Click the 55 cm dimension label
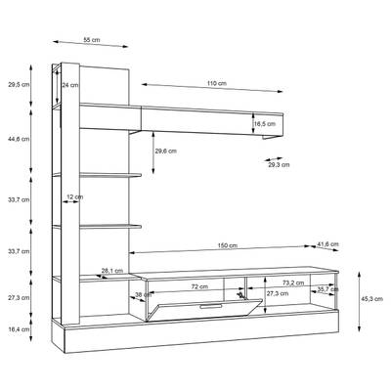point(92,40)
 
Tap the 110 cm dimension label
point(217,83)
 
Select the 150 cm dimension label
point(228,245)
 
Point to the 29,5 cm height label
point(19,84)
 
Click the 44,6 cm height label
point(19,139)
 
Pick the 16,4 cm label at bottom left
point(19,329)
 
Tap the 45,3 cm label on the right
point(372,299)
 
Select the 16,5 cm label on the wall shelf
point(265,124)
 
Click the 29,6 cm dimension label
point(166,151)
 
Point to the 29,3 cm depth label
point(279,164)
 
